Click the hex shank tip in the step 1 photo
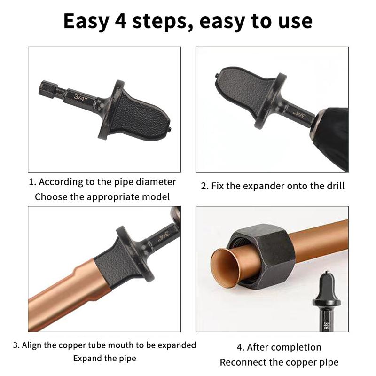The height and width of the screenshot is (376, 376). tap(46, 88)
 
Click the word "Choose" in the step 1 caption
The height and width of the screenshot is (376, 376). tap(51, 197)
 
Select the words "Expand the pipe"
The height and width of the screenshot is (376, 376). tap(104, 359)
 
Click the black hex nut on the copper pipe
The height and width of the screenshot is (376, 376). tap(263, 249)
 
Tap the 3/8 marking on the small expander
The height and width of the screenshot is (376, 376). tap(326, 325)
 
